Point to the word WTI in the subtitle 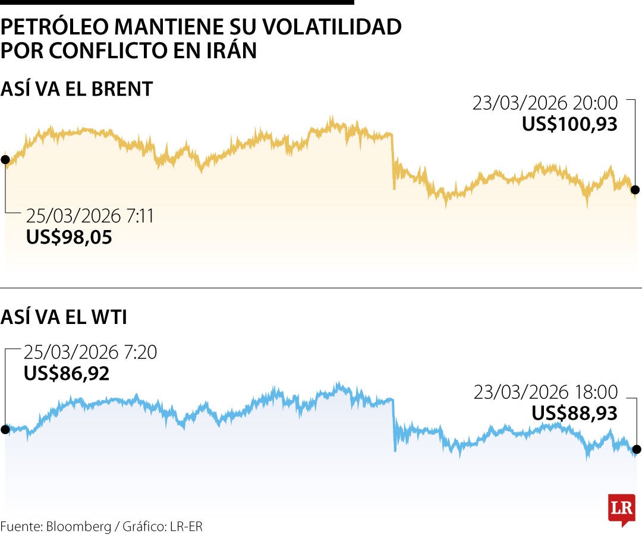pyautogui.click(x=110, y=317)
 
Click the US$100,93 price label pyautogui.click(x=569, y=124)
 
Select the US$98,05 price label pyautogui.click(x=69, y=237)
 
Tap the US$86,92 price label pyautogui.click(x=67, y=374)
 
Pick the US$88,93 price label pyautogui.click(x=574, y=413)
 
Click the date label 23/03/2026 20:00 pyautogui.click(x=545, y=103)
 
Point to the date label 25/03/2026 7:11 pyautogui.click(x=90, y=216)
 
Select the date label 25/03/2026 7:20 pyautogui.click(x=90, y=353)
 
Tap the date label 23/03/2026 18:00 pyautogui.click(x=546, y=392)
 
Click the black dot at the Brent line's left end pyautogui.click(x=5, y=159)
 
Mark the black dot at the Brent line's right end pyautogui.click(x=635, y=190)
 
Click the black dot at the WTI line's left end pyautogui.click(x=5, y=429)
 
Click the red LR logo pyautogui.click(x=621, y=509)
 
